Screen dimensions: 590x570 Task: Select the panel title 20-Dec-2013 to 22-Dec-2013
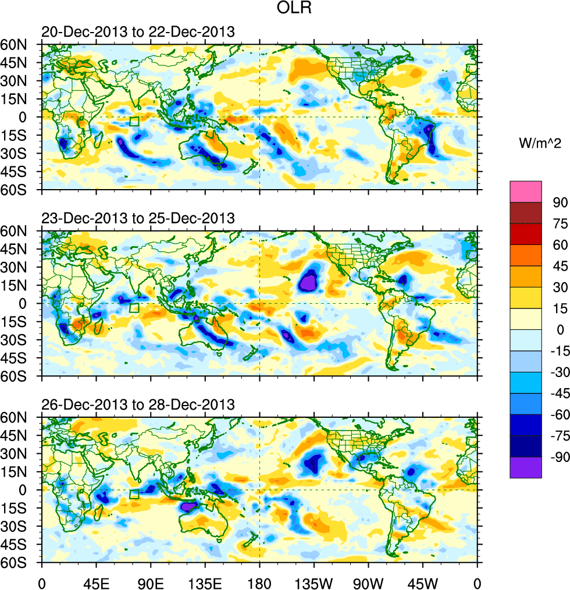(x=138, y=31)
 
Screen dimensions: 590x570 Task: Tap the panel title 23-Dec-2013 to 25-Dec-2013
(x=138, y=218)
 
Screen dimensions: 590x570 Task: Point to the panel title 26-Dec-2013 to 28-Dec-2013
(x=138, y=404)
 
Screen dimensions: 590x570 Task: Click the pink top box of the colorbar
(x=526, y=191)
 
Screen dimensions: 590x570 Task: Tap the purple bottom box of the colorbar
(x=526, y=467)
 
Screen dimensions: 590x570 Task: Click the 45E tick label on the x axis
(x=96, y=582)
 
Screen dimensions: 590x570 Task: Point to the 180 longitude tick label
(x=259, y=582)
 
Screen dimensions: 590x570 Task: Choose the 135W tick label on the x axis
(x=314, y=582)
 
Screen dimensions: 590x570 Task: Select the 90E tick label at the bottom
(x=151, y=582)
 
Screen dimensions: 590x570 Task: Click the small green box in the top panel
(x=134, y=122)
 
